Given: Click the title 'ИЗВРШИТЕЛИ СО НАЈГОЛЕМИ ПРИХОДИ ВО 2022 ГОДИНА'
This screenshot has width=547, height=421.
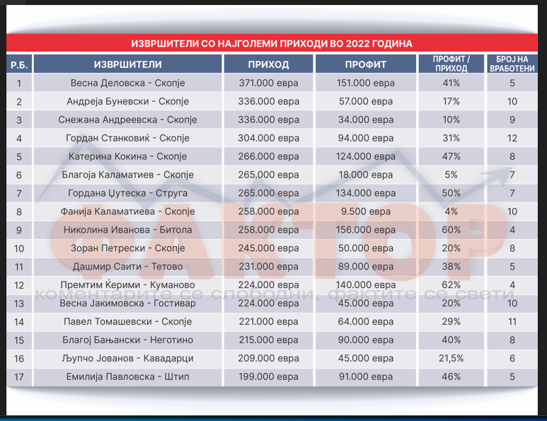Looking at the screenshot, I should coord(272,43).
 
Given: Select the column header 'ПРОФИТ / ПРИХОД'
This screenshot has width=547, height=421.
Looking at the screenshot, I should coord(451,64).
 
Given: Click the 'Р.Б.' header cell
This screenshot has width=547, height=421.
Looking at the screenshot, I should coord(19,65).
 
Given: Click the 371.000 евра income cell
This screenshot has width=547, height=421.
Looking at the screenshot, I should coord(269,83).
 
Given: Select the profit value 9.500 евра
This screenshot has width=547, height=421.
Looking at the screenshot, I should coord(364,212).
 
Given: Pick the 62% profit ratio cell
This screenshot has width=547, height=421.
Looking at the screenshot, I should coord(451,285).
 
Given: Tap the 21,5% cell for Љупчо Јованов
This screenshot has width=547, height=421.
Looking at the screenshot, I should coord(451,359).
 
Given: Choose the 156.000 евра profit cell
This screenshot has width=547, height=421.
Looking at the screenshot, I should coord(364,230).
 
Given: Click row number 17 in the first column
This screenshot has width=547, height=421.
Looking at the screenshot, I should coord(19,377).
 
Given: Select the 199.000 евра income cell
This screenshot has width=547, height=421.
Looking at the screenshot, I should coord(269,377).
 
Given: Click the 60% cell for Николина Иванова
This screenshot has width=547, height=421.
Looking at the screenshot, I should coord(451,230).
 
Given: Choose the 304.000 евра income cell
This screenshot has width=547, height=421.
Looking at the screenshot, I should coord(269,138).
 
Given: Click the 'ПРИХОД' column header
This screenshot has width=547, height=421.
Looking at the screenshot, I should coord(269,64).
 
